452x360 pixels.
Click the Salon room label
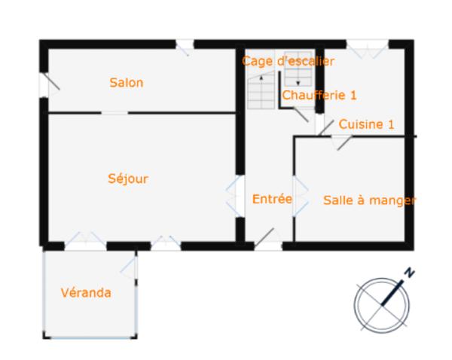[126, 83]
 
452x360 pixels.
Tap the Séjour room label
[127, 178]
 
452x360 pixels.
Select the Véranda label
[86, 292]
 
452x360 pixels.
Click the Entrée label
[272, 199]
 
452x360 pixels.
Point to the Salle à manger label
[369, 200]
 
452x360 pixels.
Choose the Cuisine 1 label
[366, 124]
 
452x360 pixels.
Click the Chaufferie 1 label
[319, 96]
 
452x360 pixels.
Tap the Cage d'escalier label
[288, 60]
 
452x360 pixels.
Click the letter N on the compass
[409, 273]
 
